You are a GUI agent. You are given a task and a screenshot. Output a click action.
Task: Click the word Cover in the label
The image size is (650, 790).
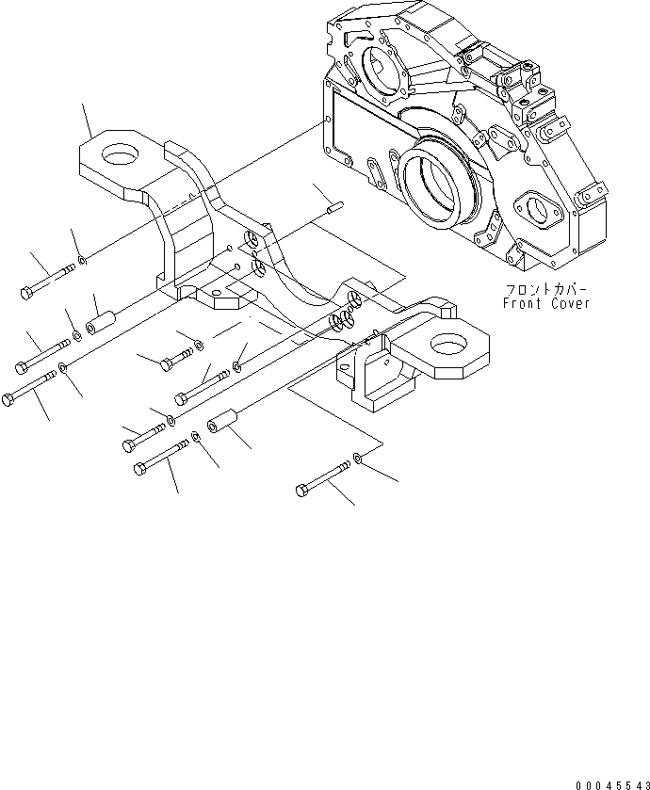[568, 303]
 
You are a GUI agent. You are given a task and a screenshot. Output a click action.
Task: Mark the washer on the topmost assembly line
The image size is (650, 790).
[83, 258]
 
